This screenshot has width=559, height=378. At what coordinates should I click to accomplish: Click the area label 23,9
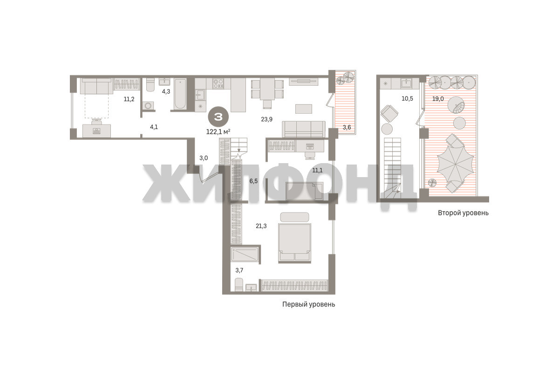pyautogui.click(x=266, y=119)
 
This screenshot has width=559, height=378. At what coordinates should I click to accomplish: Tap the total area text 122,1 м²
pyautogui.click(x=218, y=131)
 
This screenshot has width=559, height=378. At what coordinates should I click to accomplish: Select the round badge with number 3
pyautogui.click(x=218, y=117)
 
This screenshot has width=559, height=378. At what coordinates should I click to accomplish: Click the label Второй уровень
pyautogui.click(x=463, y=213)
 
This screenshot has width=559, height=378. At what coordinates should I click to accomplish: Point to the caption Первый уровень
pyautogui.click(x=308, y=304)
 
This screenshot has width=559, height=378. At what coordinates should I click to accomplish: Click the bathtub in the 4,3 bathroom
pyautogui.click(x=180, y=94)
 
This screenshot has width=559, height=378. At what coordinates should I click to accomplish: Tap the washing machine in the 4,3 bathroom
pyautogui.click(x=148, y=106)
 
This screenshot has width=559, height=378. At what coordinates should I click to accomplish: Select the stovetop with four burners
pyautogui.click(x=218, y=83)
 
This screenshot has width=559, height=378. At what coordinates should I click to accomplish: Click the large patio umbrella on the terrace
pyautogui.click(x=456, y=165)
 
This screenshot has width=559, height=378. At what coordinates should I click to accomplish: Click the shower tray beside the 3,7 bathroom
pyautogui.click(x=245, y=254)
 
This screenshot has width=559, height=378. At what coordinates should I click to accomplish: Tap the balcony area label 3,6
pyautogui.click(x=347, y=127)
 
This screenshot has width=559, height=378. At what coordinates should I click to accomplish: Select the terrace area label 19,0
pyautogui.click(x=438, y=99)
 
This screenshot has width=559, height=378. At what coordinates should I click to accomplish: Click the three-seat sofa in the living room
pyautogui.click(x=304, y=129)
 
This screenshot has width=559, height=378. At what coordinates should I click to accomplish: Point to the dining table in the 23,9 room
pyautogui.click(x=267, y=89)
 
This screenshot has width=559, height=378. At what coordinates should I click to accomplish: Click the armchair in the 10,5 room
pyautogui.click(x=389, y=114)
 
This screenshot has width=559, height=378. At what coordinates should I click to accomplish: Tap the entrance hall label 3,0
pyautogui.click(x=204, y=158)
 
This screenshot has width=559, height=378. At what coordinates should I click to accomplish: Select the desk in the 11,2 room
pyautogui.click(x=96, y=131)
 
